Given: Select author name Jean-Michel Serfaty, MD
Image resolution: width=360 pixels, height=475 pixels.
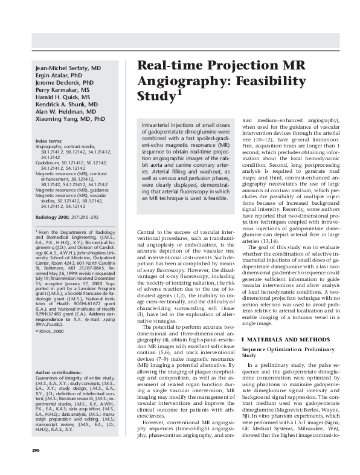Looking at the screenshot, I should tap(68, 68).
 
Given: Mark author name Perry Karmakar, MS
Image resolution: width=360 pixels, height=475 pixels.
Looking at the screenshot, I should tap(63, 90).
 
